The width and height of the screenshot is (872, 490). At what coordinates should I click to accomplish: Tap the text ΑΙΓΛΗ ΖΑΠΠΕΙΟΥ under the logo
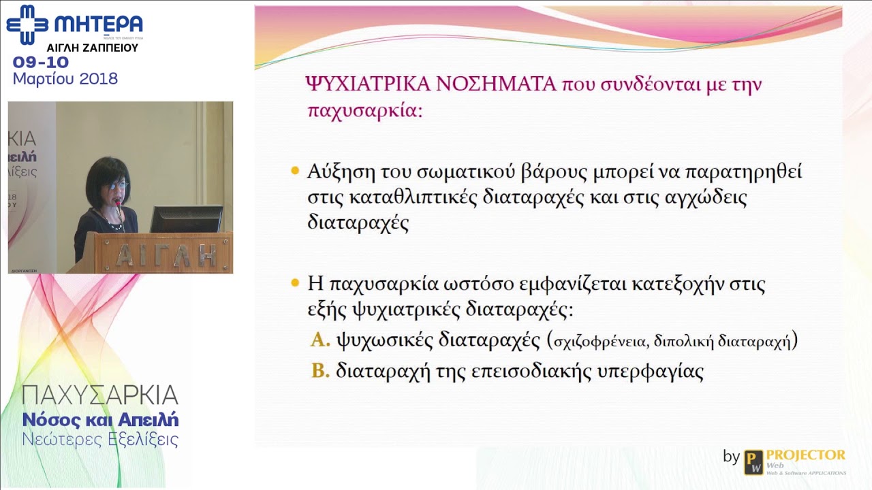pyautogui.click(x=92, y=48)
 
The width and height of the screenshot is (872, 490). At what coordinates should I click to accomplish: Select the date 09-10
pyautogui.click(x=41, y=63)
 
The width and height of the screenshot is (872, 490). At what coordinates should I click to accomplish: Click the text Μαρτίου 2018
pyautogui.click(x=65, y=79)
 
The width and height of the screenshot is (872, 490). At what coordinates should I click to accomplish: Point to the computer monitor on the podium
pyautogui.click(x=186, y=219)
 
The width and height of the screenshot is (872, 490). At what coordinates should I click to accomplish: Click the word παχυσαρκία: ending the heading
pyautogui.click(x=365, y=111)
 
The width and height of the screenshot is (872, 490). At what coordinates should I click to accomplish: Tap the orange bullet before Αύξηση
pyautogui.click(x=295, y=171)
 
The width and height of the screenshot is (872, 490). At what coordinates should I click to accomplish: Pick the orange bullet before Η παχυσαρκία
pyautogui.click(x=295, y=282)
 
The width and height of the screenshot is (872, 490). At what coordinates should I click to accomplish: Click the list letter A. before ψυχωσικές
pyautogui.click(x=320, y=340)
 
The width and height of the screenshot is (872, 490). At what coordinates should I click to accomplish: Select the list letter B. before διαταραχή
pyautogui.click(x=320, y=371)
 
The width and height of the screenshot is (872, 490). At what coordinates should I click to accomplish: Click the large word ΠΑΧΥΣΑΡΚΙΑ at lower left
pyautogui.click(x=100, y=395)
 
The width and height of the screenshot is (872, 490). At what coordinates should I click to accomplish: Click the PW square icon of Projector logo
pyautogui.click(x=753, y=462)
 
